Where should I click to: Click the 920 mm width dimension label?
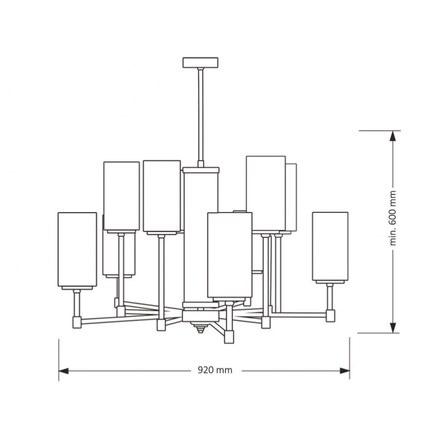[215, 370]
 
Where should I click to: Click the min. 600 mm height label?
[393, 218]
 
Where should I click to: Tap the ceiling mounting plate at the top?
[200, 63]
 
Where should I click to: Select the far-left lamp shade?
[77, 249]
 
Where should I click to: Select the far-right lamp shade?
[330, 246]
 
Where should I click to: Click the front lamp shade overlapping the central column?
[230, 255]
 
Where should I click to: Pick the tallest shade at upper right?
[266, 193]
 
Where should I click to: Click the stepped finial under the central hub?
[200, 327]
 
